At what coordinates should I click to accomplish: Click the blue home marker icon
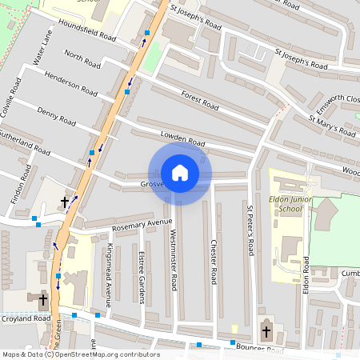(x=180, y=172)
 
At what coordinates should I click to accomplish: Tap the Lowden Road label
(x=182, y=139)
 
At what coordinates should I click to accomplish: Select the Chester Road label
(x=214, y=262)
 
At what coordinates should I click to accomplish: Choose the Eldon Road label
(x=306, y=274)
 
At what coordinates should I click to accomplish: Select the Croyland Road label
(x=26, y=318)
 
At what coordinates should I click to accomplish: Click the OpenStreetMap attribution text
(x=80, y=354)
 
